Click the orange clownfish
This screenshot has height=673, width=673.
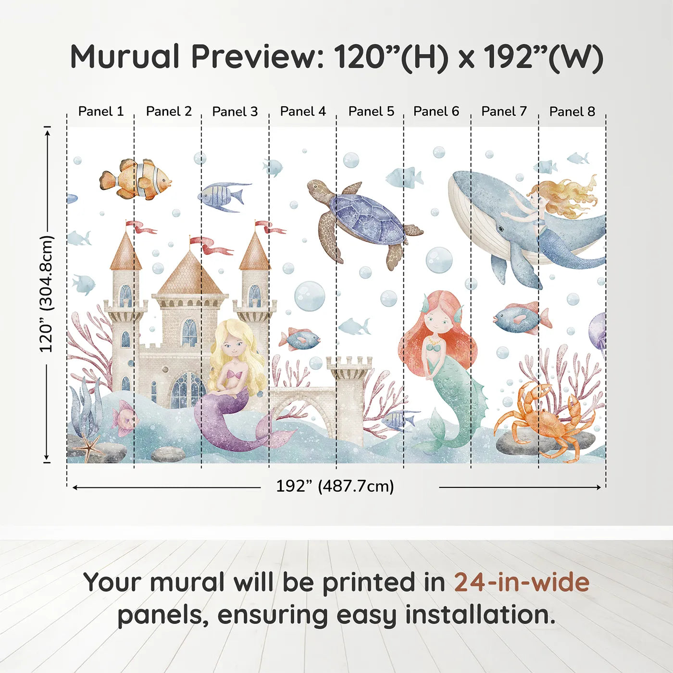(136, 179)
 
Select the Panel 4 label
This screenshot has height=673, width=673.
(303, 112)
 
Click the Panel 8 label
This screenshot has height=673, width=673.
(572, 112)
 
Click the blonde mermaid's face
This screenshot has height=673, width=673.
(233, 346)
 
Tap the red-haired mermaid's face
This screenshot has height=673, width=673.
(436, 323)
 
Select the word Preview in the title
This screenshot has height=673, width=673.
(253, 57)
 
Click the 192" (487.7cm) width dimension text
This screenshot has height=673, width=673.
(335, 486)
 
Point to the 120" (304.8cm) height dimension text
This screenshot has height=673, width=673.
(46, 294)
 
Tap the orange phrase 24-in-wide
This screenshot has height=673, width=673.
(522, 582)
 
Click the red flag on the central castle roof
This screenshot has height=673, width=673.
(212, 245)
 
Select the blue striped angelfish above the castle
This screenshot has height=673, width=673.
(224, 196)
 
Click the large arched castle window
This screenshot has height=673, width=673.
(187, 389)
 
